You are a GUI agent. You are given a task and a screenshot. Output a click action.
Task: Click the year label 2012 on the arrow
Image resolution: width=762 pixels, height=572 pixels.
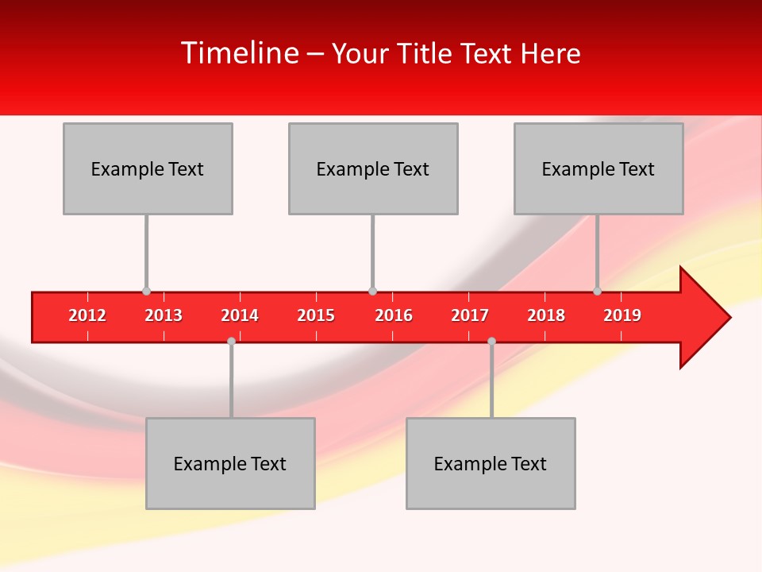(x=87, y=315)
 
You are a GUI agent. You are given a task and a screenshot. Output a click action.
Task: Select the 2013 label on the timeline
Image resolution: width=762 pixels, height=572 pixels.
(x=164, y=315)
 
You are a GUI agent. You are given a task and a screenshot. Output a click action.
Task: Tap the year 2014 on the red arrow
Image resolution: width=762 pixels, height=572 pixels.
(x=240, y=315)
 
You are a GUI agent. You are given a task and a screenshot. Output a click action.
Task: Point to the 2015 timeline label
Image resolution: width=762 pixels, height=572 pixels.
(x=316, y=315)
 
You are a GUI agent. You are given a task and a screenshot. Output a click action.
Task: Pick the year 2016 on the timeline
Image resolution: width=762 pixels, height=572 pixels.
(x=394, y=315)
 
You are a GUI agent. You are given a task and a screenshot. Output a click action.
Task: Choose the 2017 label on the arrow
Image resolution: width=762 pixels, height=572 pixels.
(x=470, y=315)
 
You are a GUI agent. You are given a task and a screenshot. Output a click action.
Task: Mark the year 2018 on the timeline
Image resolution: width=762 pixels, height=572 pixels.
(x=546, y=315)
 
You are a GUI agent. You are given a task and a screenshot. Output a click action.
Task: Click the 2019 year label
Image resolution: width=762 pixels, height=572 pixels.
(x=622, y=315)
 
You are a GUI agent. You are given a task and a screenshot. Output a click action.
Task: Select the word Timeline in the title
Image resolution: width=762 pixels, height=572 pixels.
(x=239, y=53)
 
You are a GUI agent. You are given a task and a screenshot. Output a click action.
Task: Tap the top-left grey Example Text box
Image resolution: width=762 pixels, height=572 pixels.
(x=148, y=168)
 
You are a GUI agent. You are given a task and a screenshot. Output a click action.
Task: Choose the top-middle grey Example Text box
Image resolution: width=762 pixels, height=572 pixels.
(x=373, y=168)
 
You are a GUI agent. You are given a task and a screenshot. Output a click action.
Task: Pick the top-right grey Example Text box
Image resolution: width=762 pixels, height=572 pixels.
(x=598, y=168)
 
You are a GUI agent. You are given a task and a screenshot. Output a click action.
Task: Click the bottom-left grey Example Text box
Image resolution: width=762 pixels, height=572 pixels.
(x=230, y=463)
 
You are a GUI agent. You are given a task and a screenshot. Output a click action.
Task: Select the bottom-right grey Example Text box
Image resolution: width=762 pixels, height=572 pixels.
(x=491, y=463)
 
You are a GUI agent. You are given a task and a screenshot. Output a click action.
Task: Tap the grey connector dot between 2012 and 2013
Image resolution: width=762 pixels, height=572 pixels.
(x=146, y=292)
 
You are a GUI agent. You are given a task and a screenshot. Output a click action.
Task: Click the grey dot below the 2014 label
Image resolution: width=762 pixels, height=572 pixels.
(x=231, y=341)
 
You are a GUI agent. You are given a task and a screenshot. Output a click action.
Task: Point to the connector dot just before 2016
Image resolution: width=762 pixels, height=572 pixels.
(x=372, y=292)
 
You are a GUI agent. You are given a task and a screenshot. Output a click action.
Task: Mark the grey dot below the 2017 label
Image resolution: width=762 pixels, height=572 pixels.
(x=491, y=341)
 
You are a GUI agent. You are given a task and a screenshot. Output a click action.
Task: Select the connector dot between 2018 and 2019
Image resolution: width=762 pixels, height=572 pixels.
(x=597, y=292)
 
